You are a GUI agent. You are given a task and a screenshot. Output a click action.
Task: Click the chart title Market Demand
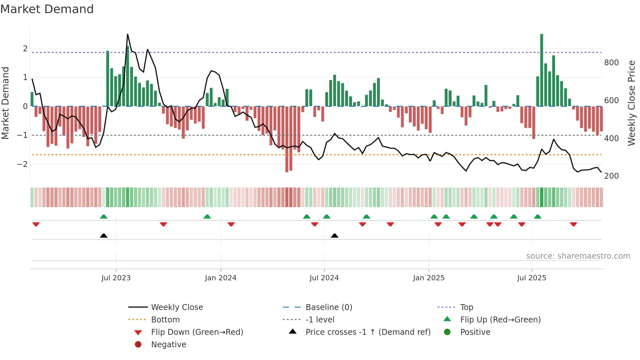click(47, 9)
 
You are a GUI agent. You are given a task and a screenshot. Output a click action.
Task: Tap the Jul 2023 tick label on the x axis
click(116, 278)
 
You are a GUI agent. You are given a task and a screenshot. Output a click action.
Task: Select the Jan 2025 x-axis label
click(428, 278)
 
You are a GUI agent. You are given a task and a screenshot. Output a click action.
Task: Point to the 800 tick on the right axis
click(611, 63)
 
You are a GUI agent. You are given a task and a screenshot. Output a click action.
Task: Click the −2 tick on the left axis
click(23, 164)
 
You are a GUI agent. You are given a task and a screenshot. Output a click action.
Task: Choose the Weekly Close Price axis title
click(632, 103)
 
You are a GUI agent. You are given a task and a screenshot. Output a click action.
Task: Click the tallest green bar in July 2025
click(542, 70)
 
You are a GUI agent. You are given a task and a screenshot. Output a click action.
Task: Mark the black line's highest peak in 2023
click(128, 34)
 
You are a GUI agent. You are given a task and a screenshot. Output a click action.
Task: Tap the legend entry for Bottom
click(165, 320)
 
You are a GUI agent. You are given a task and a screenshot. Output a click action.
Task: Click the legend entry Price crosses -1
click(368, 332)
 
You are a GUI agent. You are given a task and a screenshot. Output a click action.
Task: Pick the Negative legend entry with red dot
click(168, 345)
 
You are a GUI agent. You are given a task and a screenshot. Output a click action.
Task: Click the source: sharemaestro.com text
click(578, 256)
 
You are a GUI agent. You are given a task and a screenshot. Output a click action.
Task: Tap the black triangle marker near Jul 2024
click(334, 236)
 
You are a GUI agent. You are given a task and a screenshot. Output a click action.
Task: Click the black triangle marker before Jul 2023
click(104, 236)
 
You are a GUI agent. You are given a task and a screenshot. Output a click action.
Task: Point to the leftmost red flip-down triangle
click(36, 224)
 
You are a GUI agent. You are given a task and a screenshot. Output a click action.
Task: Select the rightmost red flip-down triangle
click(573, 224)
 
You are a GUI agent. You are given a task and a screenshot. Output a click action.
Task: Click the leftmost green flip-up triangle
click(104, 217)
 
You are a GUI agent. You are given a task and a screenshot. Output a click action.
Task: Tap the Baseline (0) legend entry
click(328, 307)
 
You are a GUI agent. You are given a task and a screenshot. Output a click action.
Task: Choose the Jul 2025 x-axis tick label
click(532, 278)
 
